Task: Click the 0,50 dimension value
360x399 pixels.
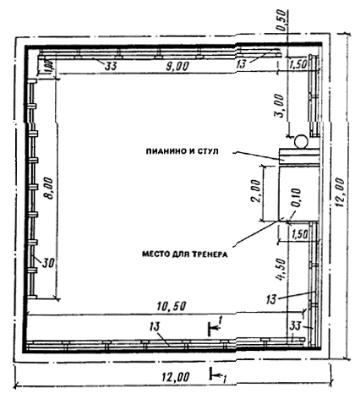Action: coord(281,21)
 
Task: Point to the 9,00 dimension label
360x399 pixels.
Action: coord(177,67)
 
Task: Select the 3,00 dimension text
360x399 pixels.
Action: coord(280,107)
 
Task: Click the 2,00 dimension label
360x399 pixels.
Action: coord(256,191)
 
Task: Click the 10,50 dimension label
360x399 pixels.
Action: coord(171,306)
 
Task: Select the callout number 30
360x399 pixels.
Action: coord(47,263)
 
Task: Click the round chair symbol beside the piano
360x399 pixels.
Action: coord(300,141)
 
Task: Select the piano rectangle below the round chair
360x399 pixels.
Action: coord(299,156)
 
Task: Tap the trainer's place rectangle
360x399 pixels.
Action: coord(299,193)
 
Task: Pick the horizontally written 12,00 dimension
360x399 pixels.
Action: coord(175,377)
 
